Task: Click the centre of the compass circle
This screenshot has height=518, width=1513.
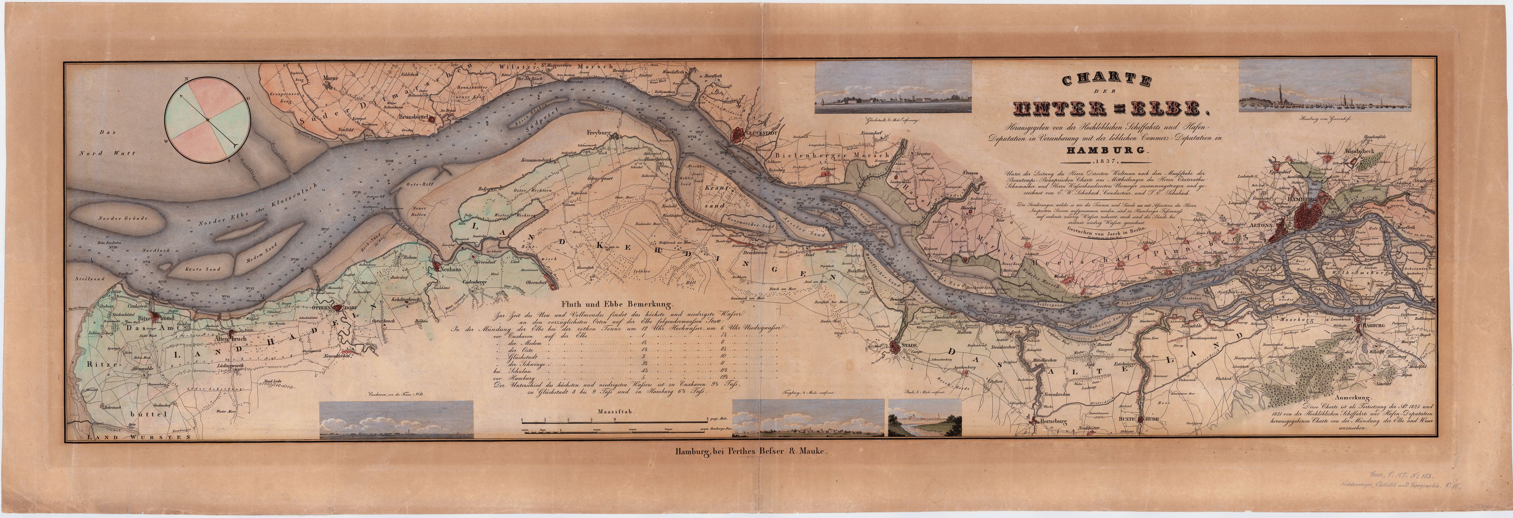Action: [x=207, y=121]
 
